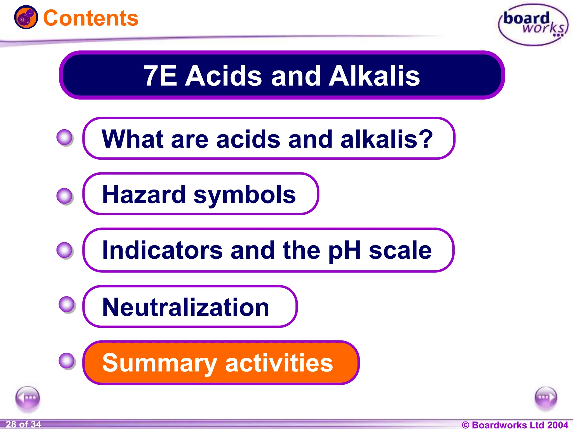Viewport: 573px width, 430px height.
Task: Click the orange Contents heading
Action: click(x=91, y=18)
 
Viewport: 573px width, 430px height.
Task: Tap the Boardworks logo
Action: click(x=533, y=25)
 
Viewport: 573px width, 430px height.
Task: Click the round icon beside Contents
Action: click(x=26, y=17)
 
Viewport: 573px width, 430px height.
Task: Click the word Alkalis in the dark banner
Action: click(x=374, y=76)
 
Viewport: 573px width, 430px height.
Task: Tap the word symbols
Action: click(x=244, y=195)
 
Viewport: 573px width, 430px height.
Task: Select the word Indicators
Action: click(x=162, y=250)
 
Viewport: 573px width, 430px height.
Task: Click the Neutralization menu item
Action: click(x=185, y=307)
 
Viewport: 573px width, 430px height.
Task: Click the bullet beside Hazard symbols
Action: click(x=65, y=196)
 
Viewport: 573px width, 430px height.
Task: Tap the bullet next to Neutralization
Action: click(x=67, y=304)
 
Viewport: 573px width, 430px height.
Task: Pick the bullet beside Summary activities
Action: click(x=67, y=361)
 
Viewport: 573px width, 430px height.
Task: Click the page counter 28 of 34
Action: click(x=24, y=424)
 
